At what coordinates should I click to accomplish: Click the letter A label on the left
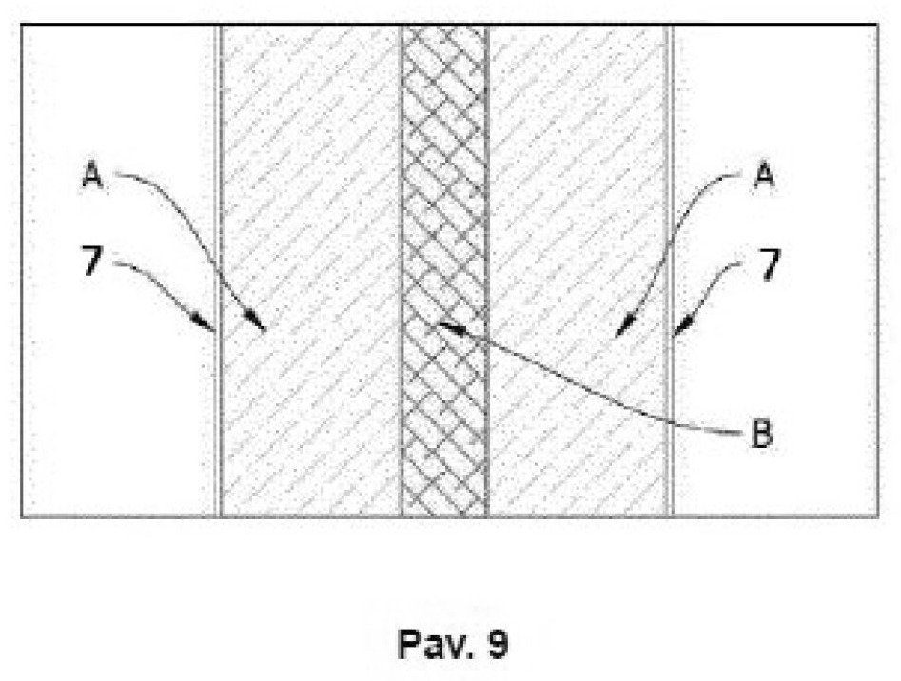92,175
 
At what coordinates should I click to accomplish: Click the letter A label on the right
764,175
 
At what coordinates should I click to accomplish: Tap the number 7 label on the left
92,263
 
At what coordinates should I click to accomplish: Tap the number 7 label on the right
770,263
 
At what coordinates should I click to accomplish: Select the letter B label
762,434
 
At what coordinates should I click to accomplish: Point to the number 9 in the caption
498,644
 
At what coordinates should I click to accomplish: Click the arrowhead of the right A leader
622,329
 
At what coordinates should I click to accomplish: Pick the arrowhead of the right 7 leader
681,328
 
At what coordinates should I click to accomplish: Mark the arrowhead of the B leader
449,327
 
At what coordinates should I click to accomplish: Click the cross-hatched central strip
444,271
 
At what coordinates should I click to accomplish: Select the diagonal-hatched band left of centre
311,271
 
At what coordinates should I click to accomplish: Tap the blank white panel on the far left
119,271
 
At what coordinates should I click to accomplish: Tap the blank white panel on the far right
775,271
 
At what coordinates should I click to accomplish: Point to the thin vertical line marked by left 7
219,271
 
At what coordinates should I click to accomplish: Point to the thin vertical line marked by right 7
670,271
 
